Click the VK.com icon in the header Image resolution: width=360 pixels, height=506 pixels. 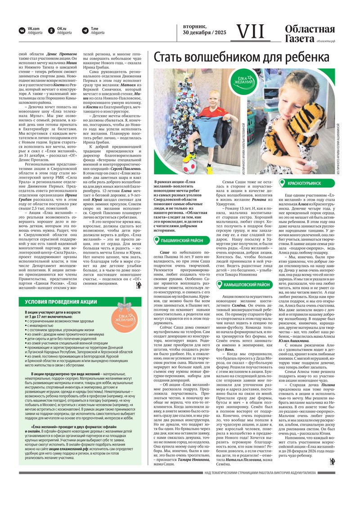(x=22, y=31)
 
